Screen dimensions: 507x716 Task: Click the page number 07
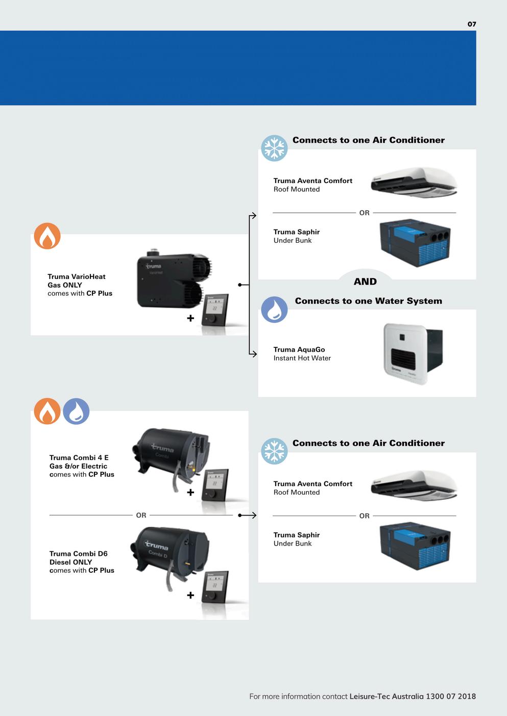coord(472,24)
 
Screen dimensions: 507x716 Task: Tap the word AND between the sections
coord(365,282)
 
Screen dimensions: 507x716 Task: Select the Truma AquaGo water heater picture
coord(413,353)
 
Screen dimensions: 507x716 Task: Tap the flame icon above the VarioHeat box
coord(47,236)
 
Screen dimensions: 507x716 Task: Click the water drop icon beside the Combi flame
coord(76,412)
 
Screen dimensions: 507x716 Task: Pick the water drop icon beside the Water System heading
coord(274,310)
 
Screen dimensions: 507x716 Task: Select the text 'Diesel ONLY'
coord(70,562)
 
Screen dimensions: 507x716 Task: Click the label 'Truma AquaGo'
coord(299,349)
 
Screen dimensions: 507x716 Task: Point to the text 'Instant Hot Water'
coord(302,358)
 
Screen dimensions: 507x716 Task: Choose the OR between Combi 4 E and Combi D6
coord(141,515)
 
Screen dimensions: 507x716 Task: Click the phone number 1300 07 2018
coord(450,696)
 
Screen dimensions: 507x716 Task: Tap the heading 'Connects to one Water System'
coord(368,301)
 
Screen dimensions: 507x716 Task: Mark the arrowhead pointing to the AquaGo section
coord(254,353)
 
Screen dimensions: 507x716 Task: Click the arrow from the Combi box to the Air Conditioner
coord(248,515)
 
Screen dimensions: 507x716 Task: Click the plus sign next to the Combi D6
coord(190,595)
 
